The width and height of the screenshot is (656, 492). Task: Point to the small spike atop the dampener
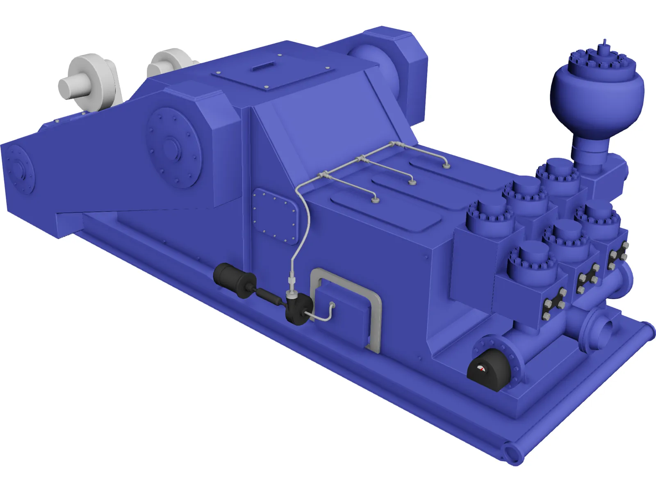pyautogui.click(x=604, y=45)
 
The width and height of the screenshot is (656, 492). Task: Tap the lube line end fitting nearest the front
pyautogui.click(x=374, y=200)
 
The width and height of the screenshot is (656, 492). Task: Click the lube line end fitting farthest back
pyautogui.click(x=446, y=166)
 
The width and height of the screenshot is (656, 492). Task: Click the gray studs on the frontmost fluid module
pyautogui.click(x=553, y=303)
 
